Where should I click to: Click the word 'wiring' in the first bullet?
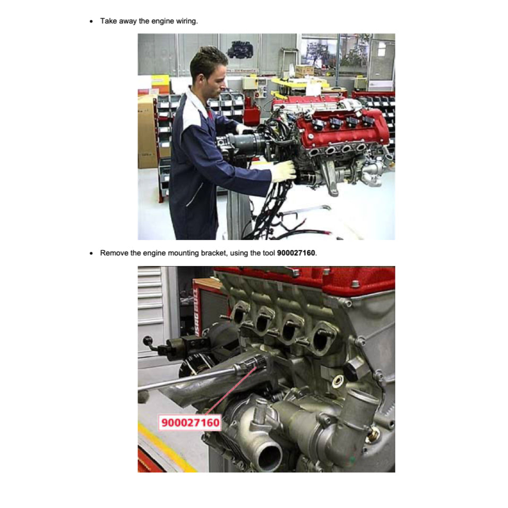pos(187,21)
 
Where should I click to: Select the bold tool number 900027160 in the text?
pos(296,253)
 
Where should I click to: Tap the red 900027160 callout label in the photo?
pos(190,423)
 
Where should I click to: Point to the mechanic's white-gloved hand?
pos(283,170)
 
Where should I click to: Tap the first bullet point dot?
pos(91,21)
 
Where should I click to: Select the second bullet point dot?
pos(91,253)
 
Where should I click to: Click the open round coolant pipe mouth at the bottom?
pos(270,458)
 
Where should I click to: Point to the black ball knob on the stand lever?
pos(148,341)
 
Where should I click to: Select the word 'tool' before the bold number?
pos(269,253)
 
